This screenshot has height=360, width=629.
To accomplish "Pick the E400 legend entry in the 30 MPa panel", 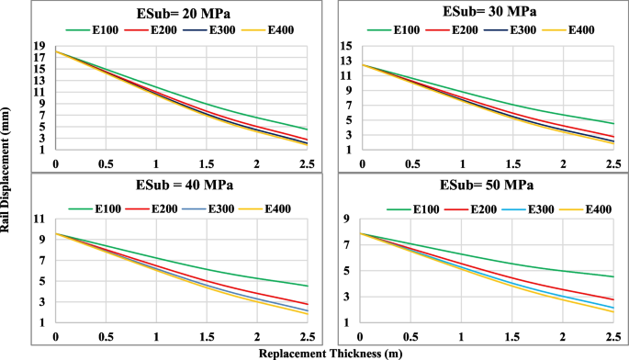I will pyautogui.click(x=578, y=30).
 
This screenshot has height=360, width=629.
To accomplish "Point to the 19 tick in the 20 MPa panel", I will pyautogui.click(x=39, y=45).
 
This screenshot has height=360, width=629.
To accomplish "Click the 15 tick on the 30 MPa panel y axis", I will pyautogui.click(x=346, y=45).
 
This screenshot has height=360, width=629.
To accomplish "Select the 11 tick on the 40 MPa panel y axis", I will pyautogui.click(x=39, y=219).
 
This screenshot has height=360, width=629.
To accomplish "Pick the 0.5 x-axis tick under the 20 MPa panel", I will pyautogui.click(x=106, y=163).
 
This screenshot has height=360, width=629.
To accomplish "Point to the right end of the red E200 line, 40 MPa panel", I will pyautogui.click(x=308, y=304).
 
